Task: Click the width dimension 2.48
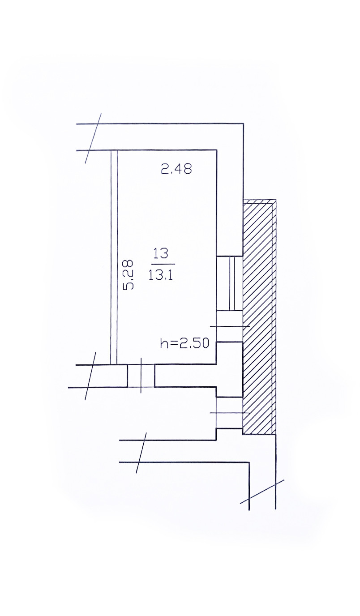click(176, 169)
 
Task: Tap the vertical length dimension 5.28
click(129, 275)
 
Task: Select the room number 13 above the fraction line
click(161, 253)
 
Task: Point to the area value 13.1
click(160, 274)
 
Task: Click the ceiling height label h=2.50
click(185, 343)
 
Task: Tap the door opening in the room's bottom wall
click(141, 376)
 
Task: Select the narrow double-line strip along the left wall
click(114, 257)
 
